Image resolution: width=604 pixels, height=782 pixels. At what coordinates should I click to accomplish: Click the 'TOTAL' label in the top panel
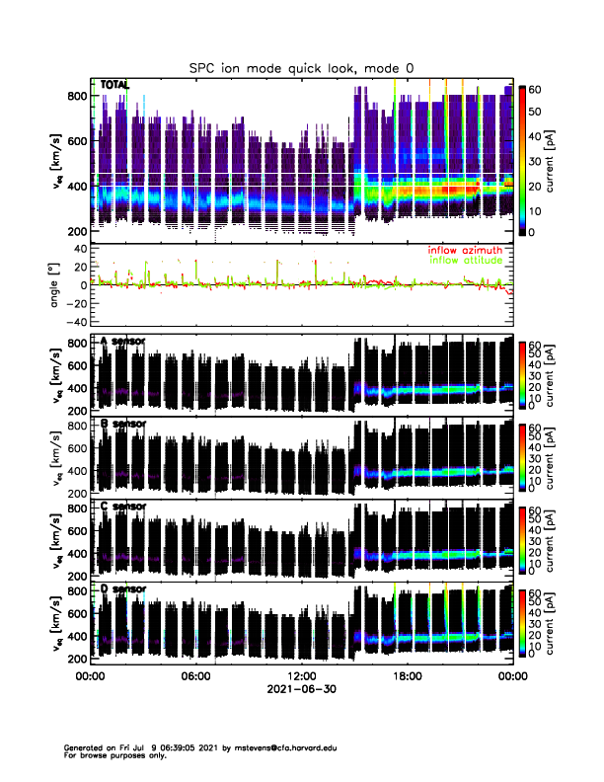pyautogui.click(x=114, y=86)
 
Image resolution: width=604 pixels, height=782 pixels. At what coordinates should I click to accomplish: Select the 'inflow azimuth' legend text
pyautogui.click(x=464, y=250)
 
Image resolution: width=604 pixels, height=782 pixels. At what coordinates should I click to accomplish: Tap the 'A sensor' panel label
pyautogui.click(x=123, y=342)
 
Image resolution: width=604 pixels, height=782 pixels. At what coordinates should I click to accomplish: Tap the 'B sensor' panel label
pyautogui.click(x=123, y=425)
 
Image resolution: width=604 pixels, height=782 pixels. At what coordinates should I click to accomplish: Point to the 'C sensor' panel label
pyautogui.click(x=123, y=507)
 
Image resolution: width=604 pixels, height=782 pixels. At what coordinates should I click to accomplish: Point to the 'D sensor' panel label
pyautogui.click(x=123, y=589)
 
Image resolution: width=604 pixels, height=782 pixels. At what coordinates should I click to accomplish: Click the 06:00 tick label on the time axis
pyautogui.click(x=195, y=676)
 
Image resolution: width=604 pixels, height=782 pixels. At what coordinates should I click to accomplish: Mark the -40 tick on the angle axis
pyautogui.click(x=75, y=322)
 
